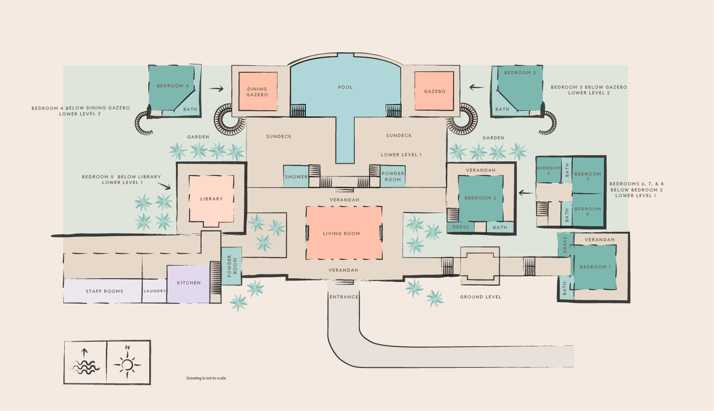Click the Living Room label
pos(341,234)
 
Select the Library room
pos(211,199)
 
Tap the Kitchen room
pos(189,283)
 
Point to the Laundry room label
pos(155,291)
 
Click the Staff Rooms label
pos(104,291)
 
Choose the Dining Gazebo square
pos(257,91)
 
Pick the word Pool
pos(345,87)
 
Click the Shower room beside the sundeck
pos(296,177)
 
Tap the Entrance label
pos(344,297)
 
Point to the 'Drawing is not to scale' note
pos(206,378)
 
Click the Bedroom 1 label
pos(595,267)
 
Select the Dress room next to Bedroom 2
pos(461,227)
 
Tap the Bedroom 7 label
pos(587,176)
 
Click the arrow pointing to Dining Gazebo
pos(216,89)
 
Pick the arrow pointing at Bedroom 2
pos(526,193)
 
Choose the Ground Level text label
pos(480,297)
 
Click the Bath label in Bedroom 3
pos(502,109)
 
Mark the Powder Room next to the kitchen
pos(232,266)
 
